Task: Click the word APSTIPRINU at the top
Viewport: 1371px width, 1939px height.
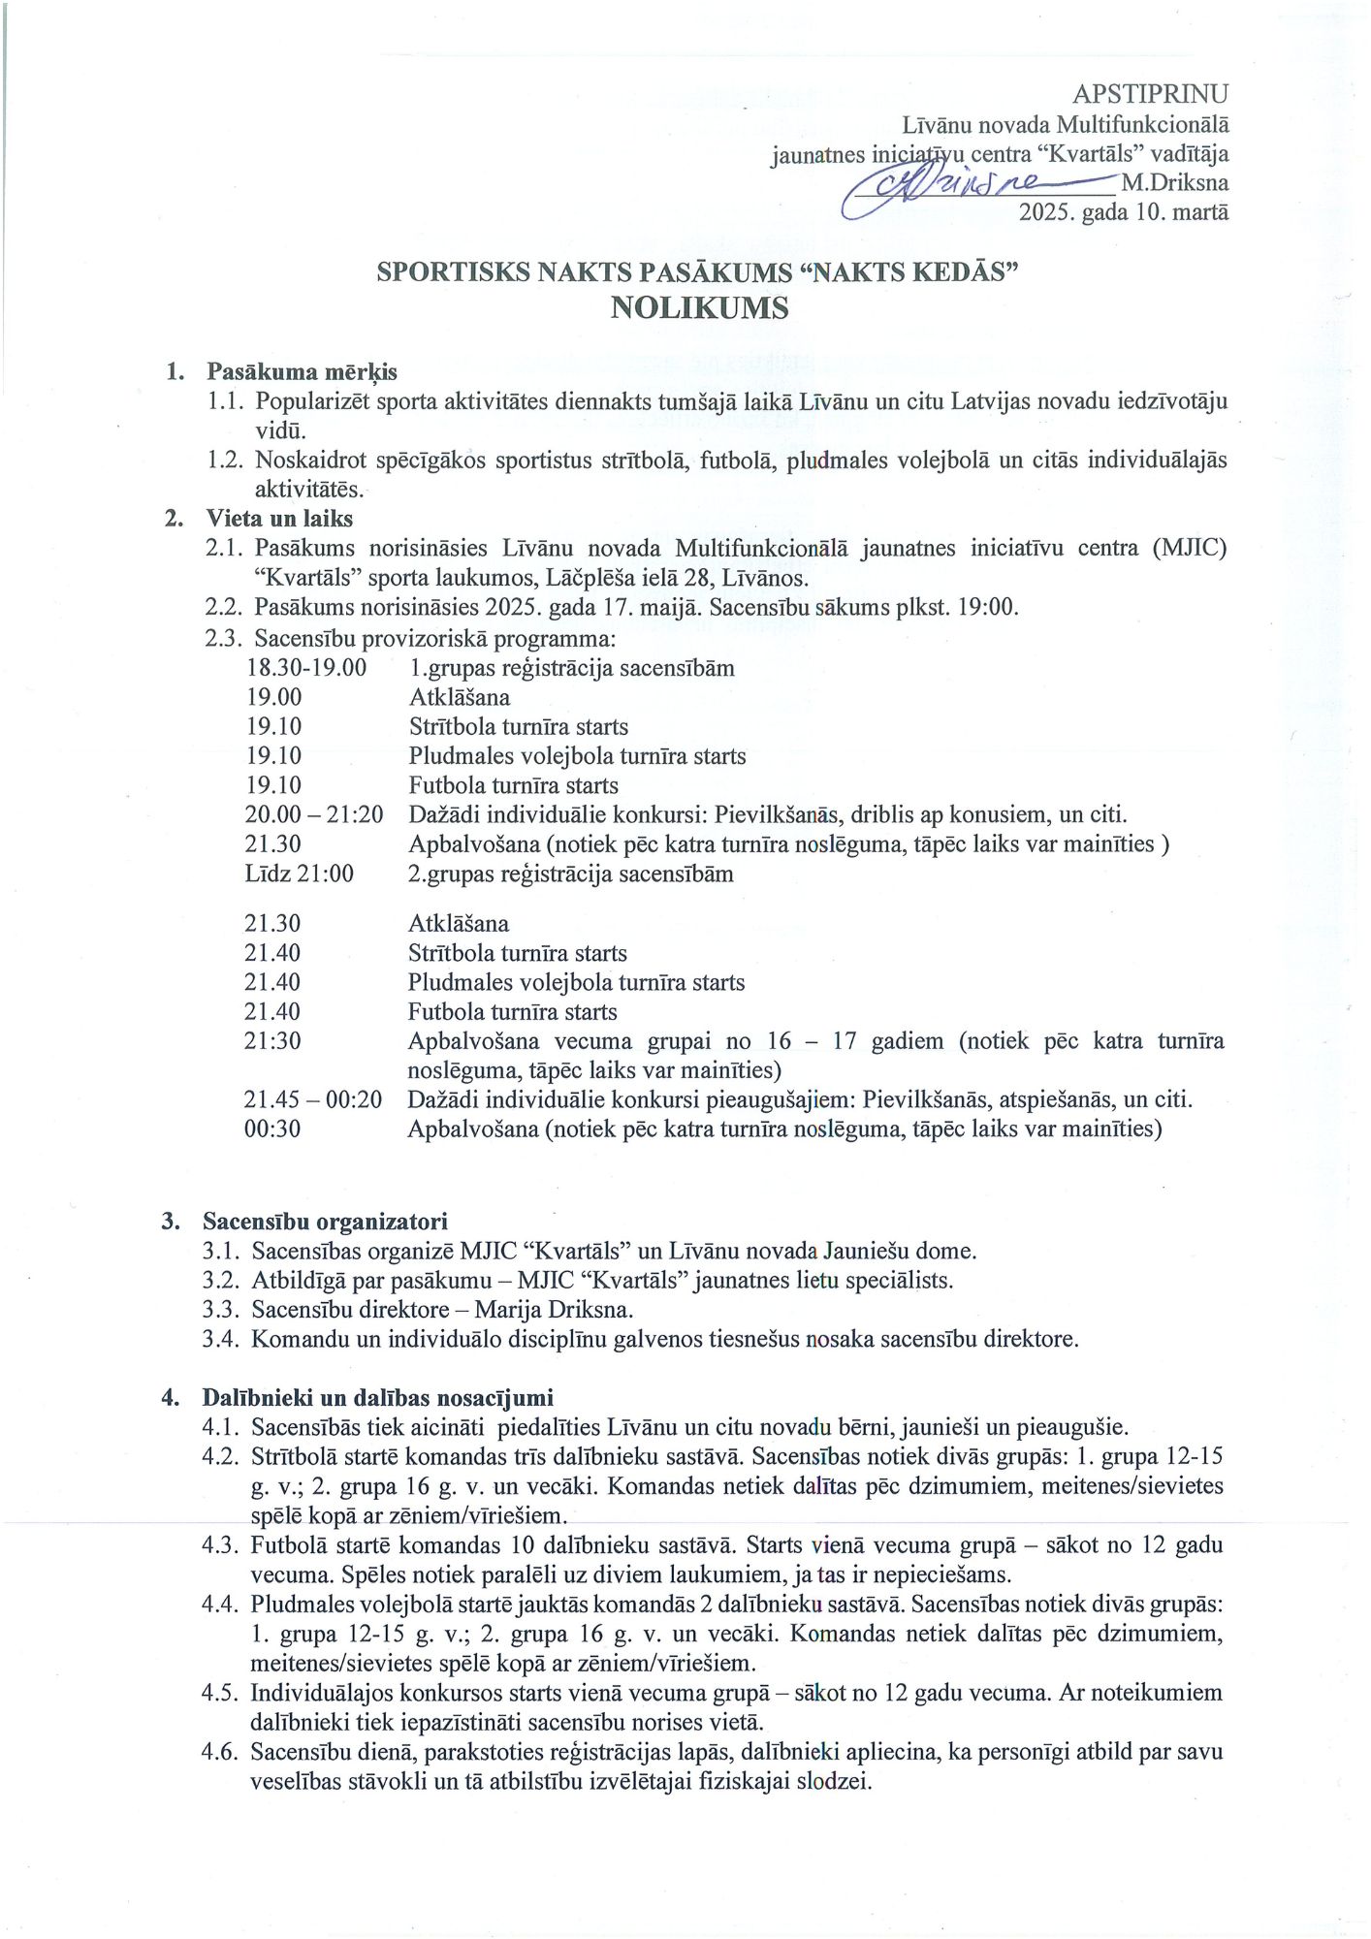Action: pos(1150,93)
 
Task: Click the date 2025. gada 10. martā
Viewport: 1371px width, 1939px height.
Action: pos(1123,212)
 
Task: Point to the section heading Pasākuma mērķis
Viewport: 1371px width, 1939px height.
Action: pos(302,371)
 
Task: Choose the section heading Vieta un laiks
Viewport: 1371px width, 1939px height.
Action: pos(279,519)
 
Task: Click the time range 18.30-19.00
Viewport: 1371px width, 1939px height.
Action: pos(306,668)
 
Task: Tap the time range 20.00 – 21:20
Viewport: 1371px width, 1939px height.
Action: pos(314,814)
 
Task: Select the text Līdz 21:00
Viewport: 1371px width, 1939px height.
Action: pos(300,874)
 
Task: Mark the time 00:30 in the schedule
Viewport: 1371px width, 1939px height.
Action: pos(272,1128)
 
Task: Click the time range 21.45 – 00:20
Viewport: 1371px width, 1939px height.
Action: pos(312,1099)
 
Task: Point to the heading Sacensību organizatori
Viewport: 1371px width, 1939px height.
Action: pos(325,1221)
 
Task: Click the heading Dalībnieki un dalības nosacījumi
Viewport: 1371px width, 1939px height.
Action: pos(378,1397)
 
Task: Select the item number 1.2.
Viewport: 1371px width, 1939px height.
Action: pos(225,460)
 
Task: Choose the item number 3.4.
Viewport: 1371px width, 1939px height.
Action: pos(221,1339)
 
